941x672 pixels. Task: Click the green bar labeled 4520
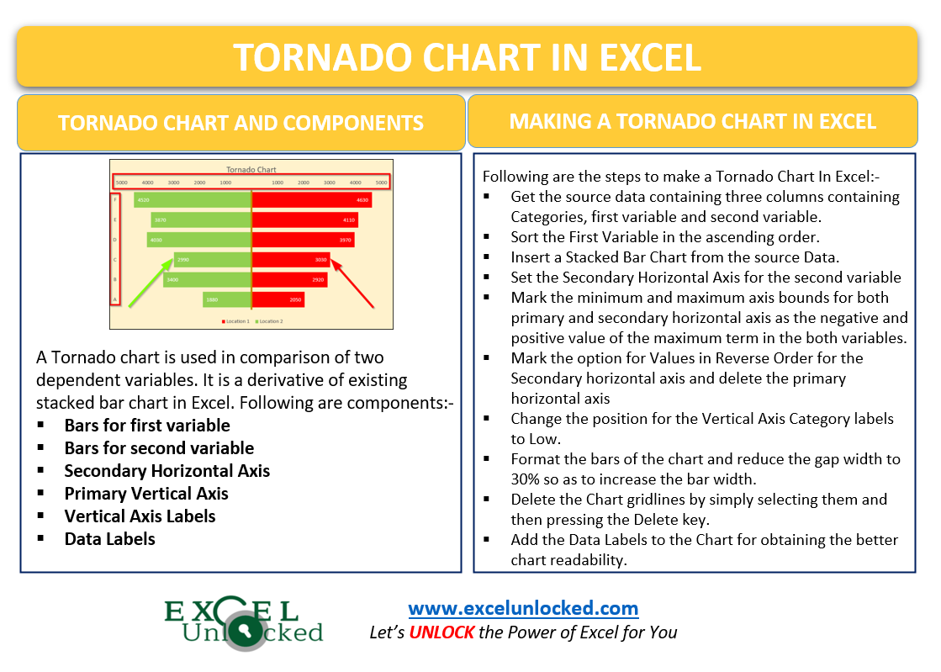point(192,200)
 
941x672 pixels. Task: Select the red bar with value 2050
point(278,299)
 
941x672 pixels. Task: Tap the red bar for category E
point(304,220)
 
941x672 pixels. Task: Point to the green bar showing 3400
point(207,279)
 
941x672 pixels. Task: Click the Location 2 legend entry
point(269,321)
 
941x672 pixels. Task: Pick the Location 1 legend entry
point(235,321)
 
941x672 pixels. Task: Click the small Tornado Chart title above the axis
point(251,169)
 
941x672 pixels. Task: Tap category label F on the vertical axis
point(115,200)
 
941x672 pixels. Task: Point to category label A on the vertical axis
point(115,299)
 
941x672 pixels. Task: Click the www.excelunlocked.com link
point(523,607)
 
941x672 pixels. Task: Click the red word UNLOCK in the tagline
point(441,632)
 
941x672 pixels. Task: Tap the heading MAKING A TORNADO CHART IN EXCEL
point(692,121)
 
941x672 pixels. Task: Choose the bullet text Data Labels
point(109,539)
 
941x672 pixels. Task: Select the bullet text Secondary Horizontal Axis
point(167,471)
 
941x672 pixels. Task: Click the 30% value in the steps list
point(526,479)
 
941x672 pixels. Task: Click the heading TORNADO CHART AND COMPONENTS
point(241,123)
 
